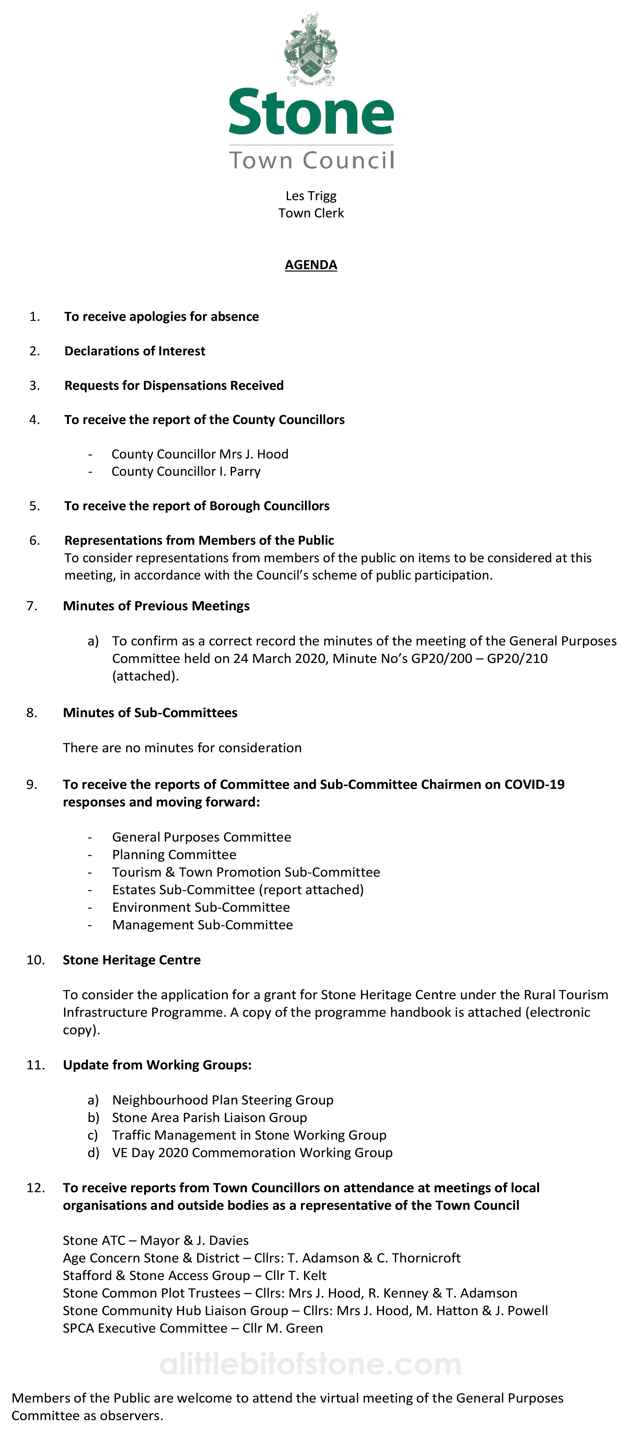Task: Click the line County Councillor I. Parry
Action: tap(186, 472)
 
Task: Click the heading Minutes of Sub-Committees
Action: tap(150, 713)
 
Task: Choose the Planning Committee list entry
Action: tap(174, 855)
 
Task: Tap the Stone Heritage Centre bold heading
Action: tap(132, 960)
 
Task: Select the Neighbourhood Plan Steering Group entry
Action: tap(223, 1100)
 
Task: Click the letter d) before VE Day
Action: tap(93, 1153)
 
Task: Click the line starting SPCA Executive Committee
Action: tap(193, 1329)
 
